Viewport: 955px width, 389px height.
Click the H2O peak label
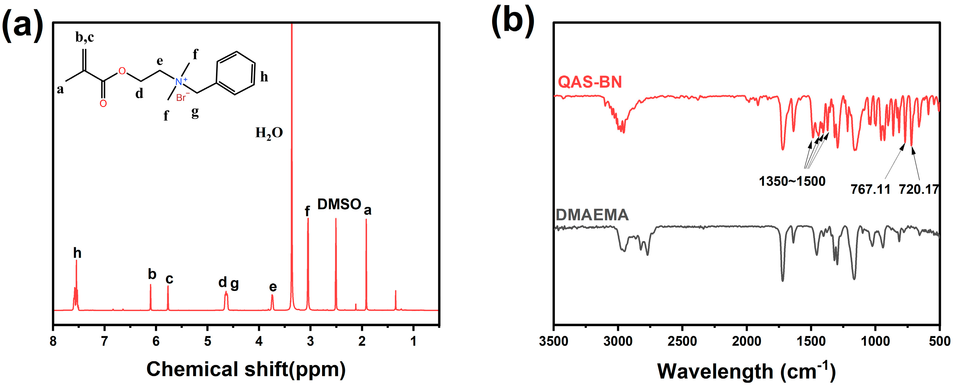[269, 133]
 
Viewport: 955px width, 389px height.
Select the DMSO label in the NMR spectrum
[339, 204]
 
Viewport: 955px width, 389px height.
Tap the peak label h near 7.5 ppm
[77, 253]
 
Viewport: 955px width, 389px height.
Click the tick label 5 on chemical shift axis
[208, 341]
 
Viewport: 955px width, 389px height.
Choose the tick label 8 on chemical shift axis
[53, 341]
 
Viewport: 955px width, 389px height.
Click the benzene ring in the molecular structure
[236, 73]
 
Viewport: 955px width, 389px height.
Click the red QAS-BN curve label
[590, 82]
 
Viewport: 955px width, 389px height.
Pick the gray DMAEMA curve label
[592, 215]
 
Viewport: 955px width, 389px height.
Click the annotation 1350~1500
[792, 181]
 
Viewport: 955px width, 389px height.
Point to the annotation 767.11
[870, 189]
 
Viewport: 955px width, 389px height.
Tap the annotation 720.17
[919, 189]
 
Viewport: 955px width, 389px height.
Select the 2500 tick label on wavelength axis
[682, 341]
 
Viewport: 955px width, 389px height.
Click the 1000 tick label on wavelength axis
[875, 341]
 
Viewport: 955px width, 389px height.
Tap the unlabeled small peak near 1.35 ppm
[395, 299]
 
